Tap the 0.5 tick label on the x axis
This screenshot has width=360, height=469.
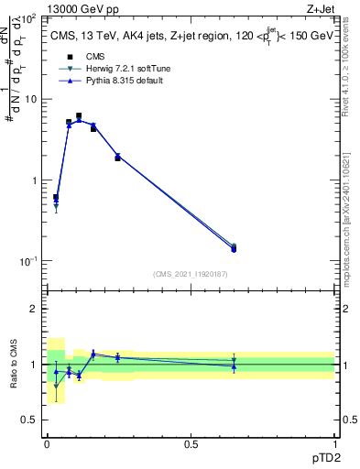pyautogui.click(x=191, y=443)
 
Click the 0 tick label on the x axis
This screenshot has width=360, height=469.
pyautogui.click(x=47, y=443)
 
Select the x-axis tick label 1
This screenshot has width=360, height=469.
pyautogui.click(x=333, y=443)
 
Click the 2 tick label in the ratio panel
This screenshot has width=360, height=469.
pyautogui.click(x=33, y=309)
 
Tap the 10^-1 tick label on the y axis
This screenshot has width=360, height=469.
pyautogui.click(x=27, y=261)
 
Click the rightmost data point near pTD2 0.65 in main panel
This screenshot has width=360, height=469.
pyautogui.click(x=234, y=248)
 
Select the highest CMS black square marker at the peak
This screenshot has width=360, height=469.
pyautogui.click(x=79, y=116)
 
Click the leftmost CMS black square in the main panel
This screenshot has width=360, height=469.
pyautogui.click(x=56, y=197)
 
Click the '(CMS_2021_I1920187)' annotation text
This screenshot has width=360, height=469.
pyautogui.click(x=191, y=273)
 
